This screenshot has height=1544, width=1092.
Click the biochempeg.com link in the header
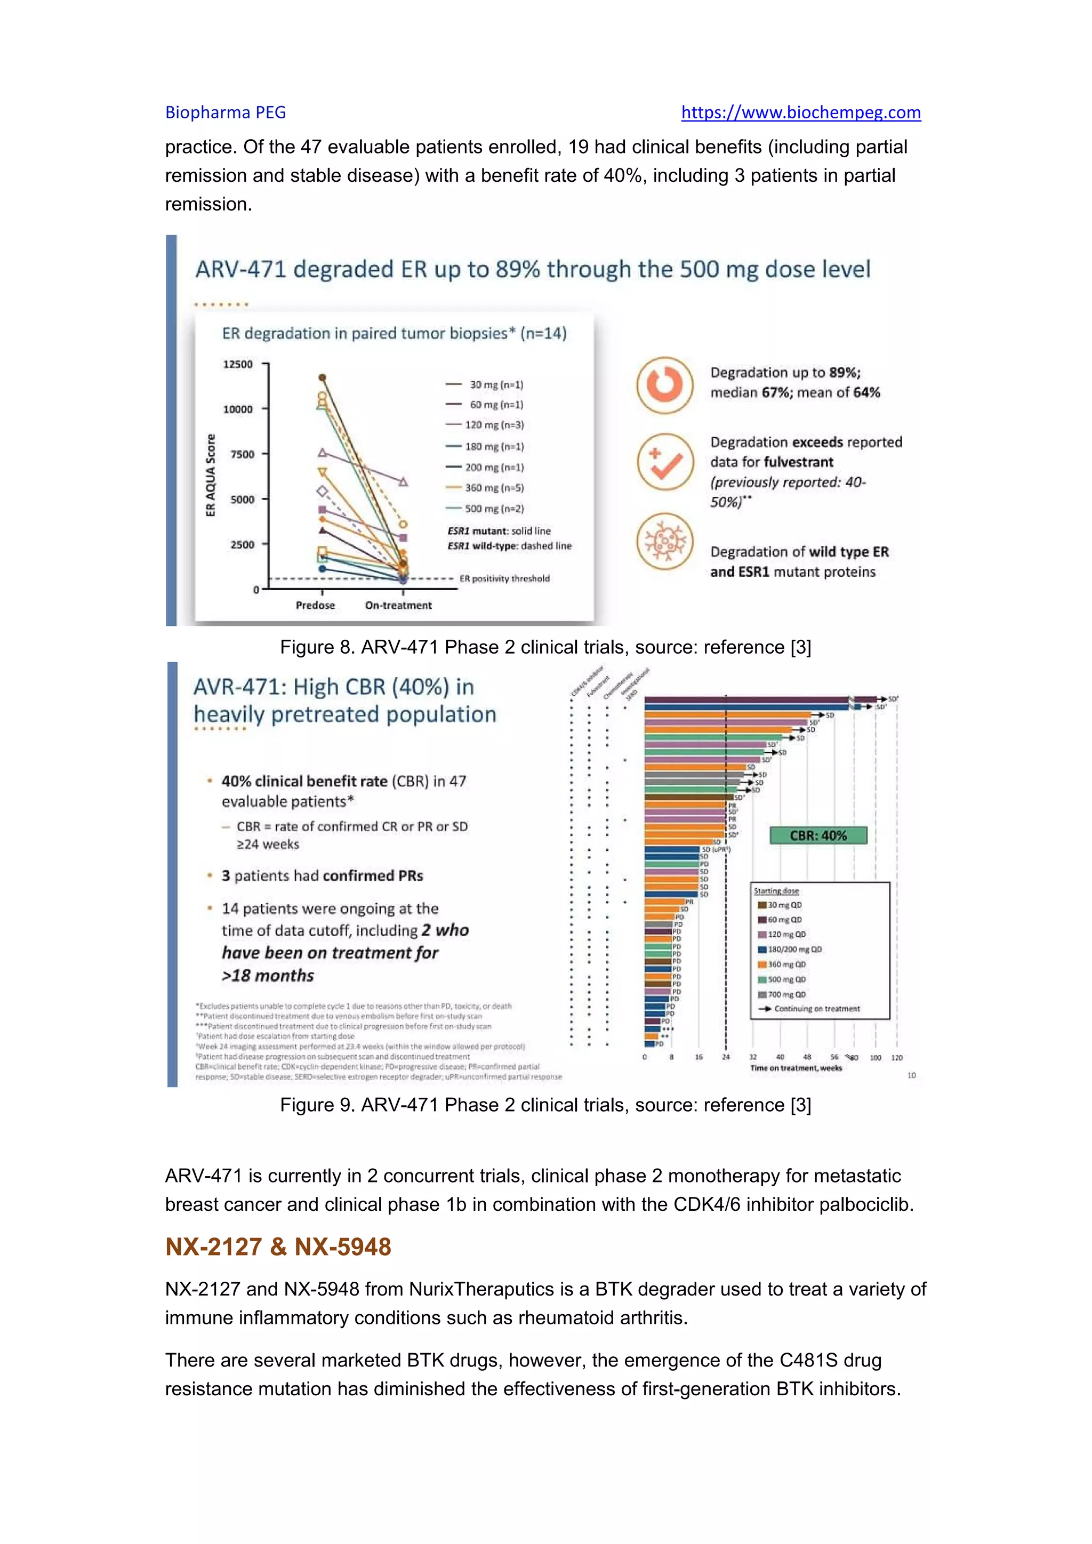coord(800,112)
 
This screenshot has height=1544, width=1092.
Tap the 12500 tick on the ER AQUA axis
coord(238,365)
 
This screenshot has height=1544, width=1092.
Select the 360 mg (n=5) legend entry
coord(494,487)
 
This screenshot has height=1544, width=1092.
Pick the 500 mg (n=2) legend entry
coord(494,509)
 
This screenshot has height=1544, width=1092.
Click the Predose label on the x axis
coord(315,605)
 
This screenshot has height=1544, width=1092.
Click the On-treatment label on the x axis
coord(398,605)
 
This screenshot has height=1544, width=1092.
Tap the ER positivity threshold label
coord(504,578)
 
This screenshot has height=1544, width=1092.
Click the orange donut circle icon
coord(664,384)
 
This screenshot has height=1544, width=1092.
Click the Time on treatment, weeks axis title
coord(796,1068)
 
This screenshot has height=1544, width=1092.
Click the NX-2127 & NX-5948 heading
coord(278,1247)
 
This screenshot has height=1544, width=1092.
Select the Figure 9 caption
coord(545,1105)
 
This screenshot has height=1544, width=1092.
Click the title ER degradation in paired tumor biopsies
coord(394,334)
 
